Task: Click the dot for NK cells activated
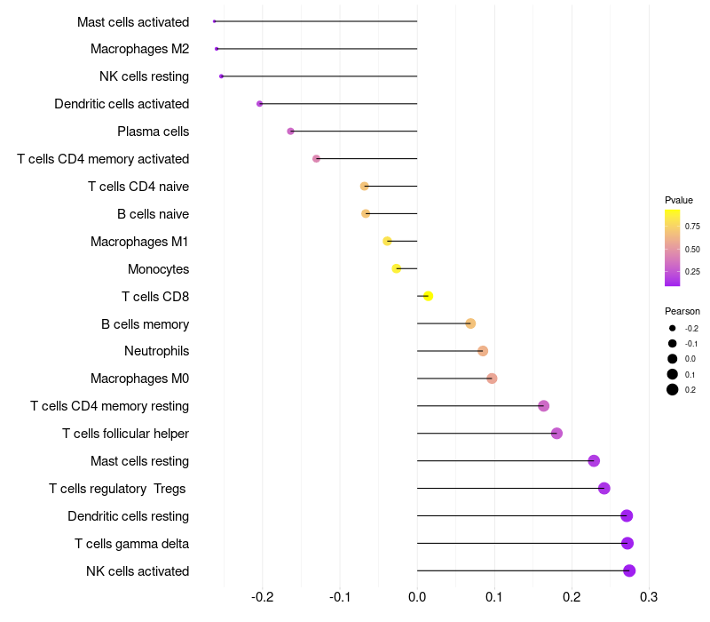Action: (629, 570)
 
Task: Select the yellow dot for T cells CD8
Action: (428, 296)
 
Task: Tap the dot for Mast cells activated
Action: (215, 21)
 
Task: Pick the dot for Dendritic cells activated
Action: (259, 104)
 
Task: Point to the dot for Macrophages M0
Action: (492, 379)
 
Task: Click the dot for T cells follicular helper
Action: (556, 434)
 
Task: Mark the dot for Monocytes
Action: (397, 268)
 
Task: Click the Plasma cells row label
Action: (153, 132)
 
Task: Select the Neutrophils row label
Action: (156, 351)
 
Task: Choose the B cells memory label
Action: (145, 323)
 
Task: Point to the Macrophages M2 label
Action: (139, 49)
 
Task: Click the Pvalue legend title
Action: (679, 200)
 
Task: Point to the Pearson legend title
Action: (682, 311)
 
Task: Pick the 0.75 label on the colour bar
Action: (692, 227)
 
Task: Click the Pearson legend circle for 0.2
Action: (673, 389)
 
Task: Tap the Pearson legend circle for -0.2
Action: (673, 329)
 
